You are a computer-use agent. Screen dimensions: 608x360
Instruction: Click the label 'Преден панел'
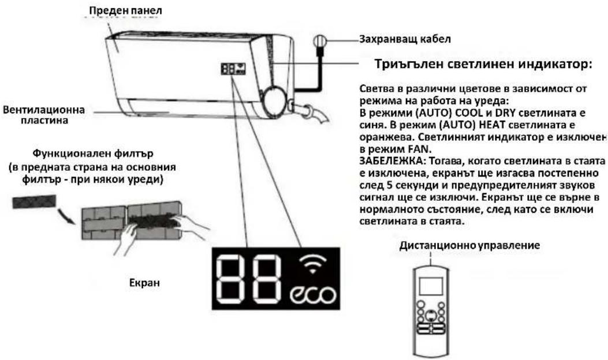coord(125,10)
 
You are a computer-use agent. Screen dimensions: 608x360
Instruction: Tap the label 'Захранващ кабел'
coord(405,39)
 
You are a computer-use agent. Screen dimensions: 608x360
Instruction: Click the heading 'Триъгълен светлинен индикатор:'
coord(483,64)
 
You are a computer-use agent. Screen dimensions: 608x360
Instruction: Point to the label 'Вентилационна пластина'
coord(44,115)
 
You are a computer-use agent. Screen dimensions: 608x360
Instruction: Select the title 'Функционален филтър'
coord(93,153)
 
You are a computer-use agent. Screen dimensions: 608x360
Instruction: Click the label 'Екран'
coord(144,283)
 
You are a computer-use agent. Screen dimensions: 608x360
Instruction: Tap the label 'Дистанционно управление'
coord(469,245)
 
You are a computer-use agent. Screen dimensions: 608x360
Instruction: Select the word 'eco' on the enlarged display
coord(312,295)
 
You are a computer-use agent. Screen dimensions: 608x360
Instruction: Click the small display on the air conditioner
coord(233,69)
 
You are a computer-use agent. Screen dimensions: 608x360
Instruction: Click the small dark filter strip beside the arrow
coord(34,201)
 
